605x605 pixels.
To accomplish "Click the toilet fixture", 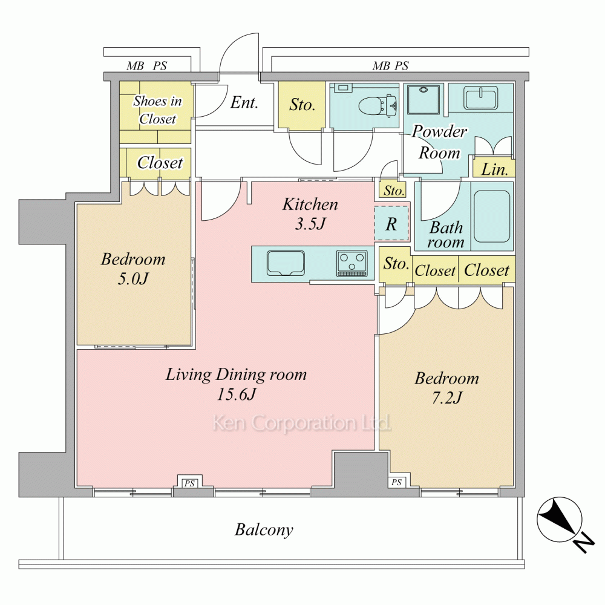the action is pos(378,105).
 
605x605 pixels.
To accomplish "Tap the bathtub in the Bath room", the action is pos(492,216).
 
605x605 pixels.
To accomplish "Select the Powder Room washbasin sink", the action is pos(481,99).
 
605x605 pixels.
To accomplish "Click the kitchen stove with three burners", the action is pos(352,264).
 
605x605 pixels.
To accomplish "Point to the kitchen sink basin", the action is pos(286,263).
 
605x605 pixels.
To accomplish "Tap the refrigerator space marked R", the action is pos(391,223).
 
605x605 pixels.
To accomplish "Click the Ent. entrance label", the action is pos(244,103).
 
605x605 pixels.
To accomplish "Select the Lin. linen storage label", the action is pos(494,169).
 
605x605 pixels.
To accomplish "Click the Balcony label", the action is pos(264,530).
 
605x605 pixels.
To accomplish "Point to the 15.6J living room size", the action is pos(236,394).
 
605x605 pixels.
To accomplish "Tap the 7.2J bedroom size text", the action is pos(447,398).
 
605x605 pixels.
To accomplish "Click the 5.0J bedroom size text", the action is pos(132,278).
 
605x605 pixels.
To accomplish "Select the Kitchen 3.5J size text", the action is pos(310,224).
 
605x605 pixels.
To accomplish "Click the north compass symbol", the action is pos(560,520).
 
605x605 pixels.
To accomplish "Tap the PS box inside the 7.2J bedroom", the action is pos(396,482).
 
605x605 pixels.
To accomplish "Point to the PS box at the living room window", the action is pos(189,483).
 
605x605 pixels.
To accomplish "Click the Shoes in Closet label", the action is pos(157,110).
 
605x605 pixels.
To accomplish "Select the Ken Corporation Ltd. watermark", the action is pos(302,423).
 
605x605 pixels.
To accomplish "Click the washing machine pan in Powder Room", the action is pos(423,99).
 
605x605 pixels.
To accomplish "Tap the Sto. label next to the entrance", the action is pos(302,105).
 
